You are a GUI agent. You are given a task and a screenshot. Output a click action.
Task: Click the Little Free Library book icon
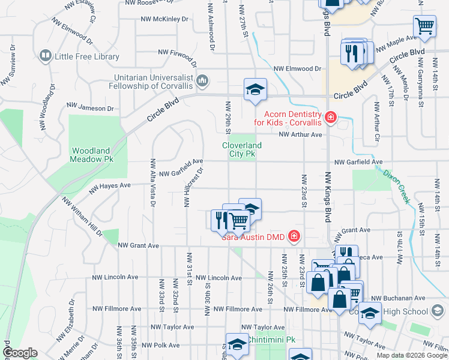pyautogui.click(x=45, y=56)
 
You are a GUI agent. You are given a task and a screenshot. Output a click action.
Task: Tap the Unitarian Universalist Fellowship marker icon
pyautogui.click(x=202, y=80)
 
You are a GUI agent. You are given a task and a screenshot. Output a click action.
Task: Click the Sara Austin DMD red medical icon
pyautogui.click(x=294, y=236)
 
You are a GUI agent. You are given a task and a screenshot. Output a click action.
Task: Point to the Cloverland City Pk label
pyautogui.click(x=242, y=149)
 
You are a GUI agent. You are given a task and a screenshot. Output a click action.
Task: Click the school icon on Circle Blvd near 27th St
pyautogui.click(x=255, y=89)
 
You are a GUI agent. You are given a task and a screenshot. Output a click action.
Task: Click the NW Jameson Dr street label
pyautogui.click(x=90, y=109)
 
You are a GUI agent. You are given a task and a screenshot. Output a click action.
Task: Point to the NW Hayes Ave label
pyautogui.click(x=110, y=188)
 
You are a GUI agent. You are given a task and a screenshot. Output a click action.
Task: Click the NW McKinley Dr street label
pyautogui.click(x=164, y=19)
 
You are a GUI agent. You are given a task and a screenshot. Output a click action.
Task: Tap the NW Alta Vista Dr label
pyautogui.click(x=153, y=183)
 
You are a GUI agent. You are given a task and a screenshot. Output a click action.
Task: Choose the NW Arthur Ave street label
pyautogui.click(x=300, y=134)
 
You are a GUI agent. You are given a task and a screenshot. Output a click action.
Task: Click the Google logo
pyautogui.click(x=20, y=353)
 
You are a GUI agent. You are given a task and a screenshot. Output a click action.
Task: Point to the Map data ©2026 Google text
pyautogui.click(x=412, y=355)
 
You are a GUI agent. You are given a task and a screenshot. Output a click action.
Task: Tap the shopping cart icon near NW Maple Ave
pyautogui.click(x=424, y=26)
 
